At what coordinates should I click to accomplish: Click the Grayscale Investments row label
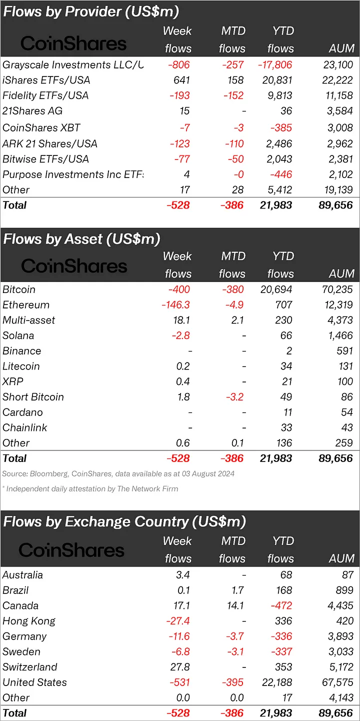72,65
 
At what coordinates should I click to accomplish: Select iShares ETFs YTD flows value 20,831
277,80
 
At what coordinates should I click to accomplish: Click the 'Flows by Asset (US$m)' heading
81,239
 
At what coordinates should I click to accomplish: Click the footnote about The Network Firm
90,489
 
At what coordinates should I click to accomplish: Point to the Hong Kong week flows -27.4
176,621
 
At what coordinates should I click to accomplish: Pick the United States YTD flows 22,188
277,682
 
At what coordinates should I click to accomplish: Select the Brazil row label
15,590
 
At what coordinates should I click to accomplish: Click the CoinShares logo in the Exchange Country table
71,550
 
